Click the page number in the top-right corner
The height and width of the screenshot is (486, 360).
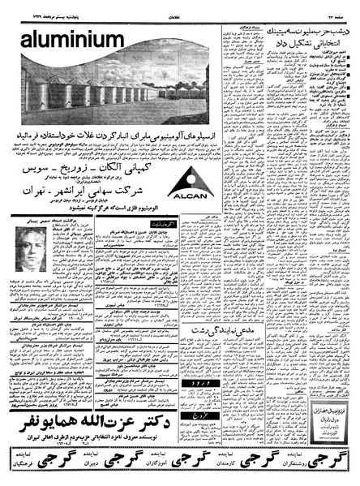[x=340, y=7]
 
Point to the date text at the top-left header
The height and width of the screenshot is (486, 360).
[x=33, y=7]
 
